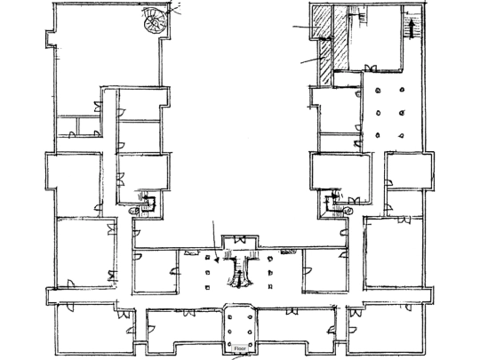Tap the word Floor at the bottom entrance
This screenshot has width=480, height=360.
240,348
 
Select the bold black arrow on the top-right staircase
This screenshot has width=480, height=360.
412,28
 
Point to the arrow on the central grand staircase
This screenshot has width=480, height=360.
239,278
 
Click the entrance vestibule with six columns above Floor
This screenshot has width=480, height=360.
240,327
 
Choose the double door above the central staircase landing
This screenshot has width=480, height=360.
240,239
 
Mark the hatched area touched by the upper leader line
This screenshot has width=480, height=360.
321,22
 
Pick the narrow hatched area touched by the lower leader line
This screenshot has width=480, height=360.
324,62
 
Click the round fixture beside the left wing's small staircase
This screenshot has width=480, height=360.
133,211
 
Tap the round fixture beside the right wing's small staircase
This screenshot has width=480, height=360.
348,211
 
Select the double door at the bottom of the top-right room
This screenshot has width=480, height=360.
371,68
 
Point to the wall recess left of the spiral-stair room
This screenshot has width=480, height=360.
51,39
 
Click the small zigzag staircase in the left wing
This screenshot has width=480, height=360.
148,202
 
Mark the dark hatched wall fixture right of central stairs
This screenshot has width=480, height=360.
288,252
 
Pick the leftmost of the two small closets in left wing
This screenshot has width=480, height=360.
68,126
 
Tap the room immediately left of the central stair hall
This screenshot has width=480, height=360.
156,271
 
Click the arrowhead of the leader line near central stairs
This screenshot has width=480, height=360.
217,260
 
